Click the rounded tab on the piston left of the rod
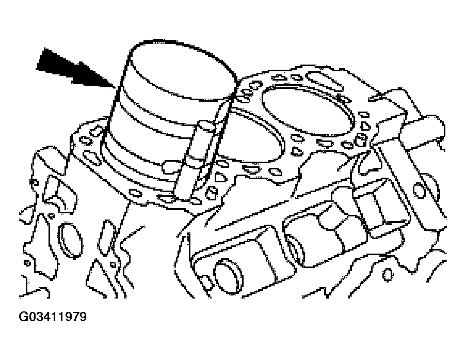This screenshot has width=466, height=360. [170, 166]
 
